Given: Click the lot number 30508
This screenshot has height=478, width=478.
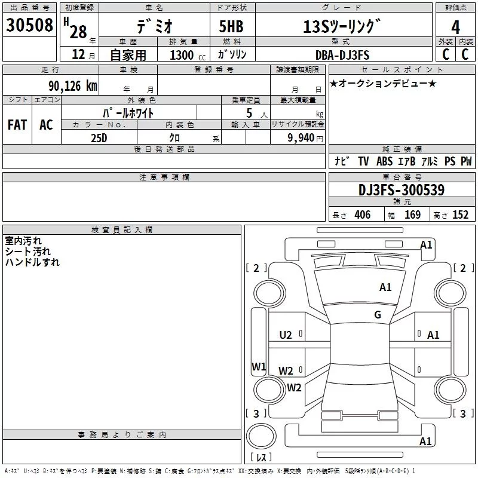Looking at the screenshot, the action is coord(29,25).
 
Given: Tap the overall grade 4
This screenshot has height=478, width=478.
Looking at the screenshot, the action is coord(455,27).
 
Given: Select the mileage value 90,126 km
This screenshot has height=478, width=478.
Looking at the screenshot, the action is coord(72,86).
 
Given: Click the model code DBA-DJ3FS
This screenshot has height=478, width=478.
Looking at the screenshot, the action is coord(342,55).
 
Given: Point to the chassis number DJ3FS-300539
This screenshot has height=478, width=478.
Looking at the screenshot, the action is coord(402,190).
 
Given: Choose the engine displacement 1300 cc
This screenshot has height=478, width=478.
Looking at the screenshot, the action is coord(188,55).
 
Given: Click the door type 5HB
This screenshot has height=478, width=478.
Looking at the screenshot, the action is coord(231,26).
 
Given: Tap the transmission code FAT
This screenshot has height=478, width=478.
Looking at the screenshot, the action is coord(17,125).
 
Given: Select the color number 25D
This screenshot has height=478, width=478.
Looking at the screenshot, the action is coord(99,138).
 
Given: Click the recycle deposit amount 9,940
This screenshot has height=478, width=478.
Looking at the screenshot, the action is coord(301,138).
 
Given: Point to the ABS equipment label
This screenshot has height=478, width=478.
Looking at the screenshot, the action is coord(384,161).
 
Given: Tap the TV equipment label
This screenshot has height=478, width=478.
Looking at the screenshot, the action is coord(363,161).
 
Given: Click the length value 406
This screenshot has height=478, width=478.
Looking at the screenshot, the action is coord(363,215).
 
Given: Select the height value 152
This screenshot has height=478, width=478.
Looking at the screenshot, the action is coord(460,215).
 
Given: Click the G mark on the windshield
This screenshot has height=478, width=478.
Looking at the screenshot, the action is coord(378,315).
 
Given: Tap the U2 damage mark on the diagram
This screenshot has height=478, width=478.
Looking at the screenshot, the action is coord(286,335).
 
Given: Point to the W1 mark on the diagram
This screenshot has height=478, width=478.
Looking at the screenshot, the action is coord(259,366).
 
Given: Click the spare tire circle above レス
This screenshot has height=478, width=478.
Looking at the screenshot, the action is coord(261,436).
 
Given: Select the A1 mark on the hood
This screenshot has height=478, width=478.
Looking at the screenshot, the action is coord(385,287).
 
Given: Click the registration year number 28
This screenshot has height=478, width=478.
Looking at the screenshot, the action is coord(78,32).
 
